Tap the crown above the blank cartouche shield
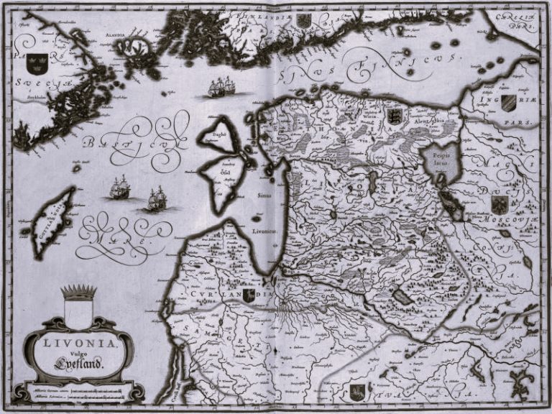pyautogui.click(x=78, y=292)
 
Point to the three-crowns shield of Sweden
pyautogui.click(x=37, y=63)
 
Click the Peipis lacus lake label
pyautogui.click(x=438, y=159)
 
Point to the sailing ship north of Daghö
pyautogui.click(x=218, y=88)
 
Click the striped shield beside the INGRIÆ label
pyautogui.click(x=507, y=101)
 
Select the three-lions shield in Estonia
pyautogui.click(x=394, y=116)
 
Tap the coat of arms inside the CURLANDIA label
pyautogui.click(x=248, y=295)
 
